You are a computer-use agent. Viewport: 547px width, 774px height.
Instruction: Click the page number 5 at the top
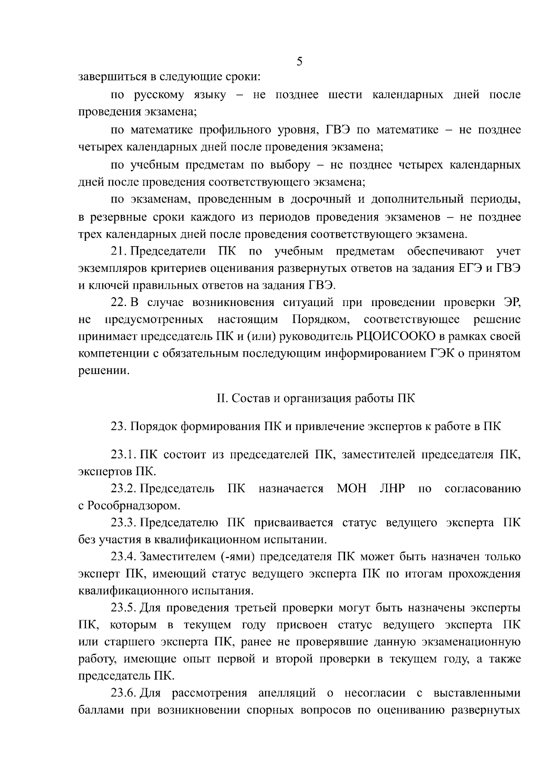299,61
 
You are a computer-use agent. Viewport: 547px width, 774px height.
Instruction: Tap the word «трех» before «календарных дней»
90,235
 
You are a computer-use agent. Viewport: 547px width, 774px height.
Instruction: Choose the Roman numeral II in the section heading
222,398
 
